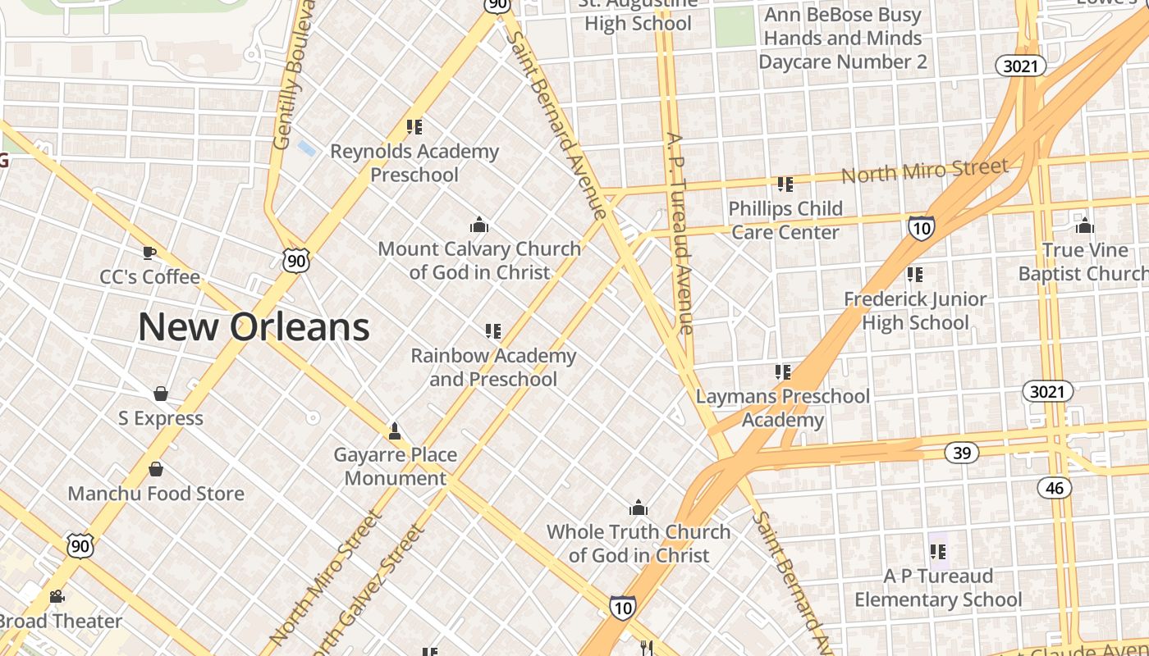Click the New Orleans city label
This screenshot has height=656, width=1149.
[x=254, y=327]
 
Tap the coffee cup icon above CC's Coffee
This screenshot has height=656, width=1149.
[x=149, y=252]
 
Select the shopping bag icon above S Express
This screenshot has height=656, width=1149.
[x=161, y=394]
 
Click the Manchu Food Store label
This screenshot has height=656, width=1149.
[x=156, y=494]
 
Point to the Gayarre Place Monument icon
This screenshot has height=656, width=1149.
[x=395, y=430]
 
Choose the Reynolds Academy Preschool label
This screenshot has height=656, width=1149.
[x=414, y=163]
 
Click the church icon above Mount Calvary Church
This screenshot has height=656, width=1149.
[x=479, y=225]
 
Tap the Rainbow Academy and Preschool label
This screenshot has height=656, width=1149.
[x=493, y=367]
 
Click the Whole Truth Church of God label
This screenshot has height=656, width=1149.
[x=639, y=544]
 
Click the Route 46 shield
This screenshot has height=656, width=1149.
[x=1055, y=489]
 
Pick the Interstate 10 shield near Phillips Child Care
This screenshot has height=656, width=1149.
[x=921, y=227]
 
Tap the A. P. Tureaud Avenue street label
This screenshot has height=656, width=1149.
[x=680, y=233]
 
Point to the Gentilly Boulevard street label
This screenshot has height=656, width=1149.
[x=293, y=74]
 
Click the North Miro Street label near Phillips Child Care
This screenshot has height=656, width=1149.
[x=925, y=171]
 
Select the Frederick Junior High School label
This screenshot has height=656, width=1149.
[x=915, y=311]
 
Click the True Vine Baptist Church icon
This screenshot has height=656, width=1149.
[x=1084, y=225]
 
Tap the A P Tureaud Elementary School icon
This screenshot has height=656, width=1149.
[x=938, y=551]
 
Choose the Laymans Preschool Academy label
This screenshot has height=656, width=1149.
[x=783, y=408]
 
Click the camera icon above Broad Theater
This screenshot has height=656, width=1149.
[x=57, y=596]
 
